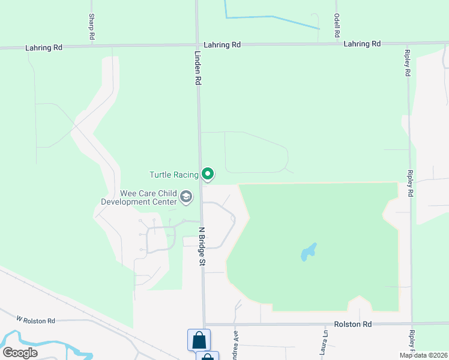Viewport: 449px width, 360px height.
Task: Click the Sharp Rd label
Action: pos(92,27)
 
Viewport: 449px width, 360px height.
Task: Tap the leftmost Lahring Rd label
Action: pos(44,47)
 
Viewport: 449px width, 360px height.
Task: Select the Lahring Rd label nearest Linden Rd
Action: pos(221,45)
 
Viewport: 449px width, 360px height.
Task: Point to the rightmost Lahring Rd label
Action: pos(362,44)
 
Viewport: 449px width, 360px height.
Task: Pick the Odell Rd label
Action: pos(337,26)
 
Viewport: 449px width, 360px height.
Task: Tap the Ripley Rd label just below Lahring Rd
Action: pos(407,62)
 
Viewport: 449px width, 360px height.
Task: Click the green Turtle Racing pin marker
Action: pos(208,174)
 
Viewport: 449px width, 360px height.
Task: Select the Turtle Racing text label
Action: pos(173,175)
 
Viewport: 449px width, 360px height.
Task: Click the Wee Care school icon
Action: pos(186,197)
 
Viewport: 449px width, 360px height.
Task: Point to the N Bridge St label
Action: pos(202,247)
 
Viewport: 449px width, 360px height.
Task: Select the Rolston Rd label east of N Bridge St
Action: pos(354,325)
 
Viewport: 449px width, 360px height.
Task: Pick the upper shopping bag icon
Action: pos(199,340)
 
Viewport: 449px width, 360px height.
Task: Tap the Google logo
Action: pos(20,353)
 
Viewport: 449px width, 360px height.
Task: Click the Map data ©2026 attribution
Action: pos(423,355)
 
